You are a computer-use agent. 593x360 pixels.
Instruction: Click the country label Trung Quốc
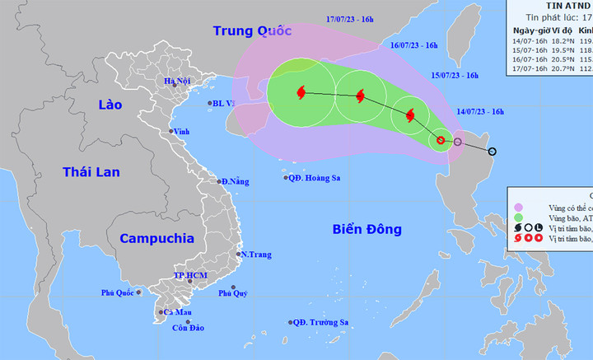pyautogui.click(x=252, y=31)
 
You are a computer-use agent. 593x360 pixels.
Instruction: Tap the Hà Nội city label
pyautogui.click(x=177, y=81)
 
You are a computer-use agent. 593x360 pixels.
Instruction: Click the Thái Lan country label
pyautogui.click(x=91, y=171)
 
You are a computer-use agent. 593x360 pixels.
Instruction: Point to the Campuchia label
pyautogui.click(x=156, y=238)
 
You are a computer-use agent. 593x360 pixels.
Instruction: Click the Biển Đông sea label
pyautogui.click(x=368, y=229)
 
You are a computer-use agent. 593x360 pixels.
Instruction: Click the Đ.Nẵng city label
pyautogui.click(x=234, y=181)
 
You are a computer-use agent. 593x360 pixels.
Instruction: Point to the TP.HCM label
pyautogui.click(x=189, y=275)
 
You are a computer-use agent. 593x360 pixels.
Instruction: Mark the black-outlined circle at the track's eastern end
pyautogui.click(x=493, y=152)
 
